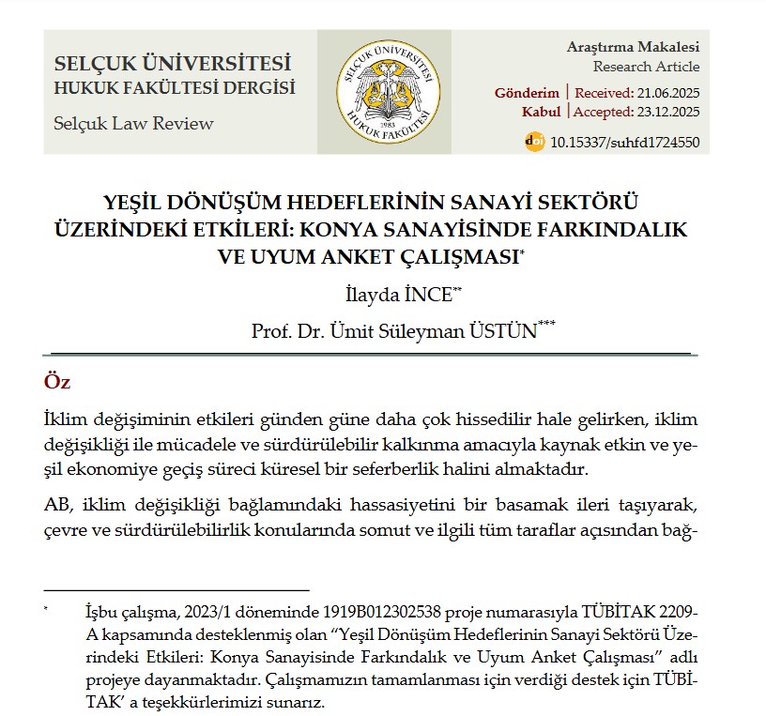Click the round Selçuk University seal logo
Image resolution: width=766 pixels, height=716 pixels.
tap(383, 92)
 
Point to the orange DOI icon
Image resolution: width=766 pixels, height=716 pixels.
tap(533, 143)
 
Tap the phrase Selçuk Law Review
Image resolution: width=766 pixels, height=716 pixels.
tap(133, 124)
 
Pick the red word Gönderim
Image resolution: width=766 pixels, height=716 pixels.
tap(527, 93)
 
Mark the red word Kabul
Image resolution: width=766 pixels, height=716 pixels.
tap(541, 112)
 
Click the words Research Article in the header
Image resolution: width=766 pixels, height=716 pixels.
tap(646, 67)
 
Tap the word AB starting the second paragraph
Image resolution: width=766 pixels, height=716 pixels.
tap(55, 507)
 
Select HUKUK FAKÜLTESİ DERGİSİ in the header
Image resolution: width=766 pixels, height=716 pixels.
tap(175, 88)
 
